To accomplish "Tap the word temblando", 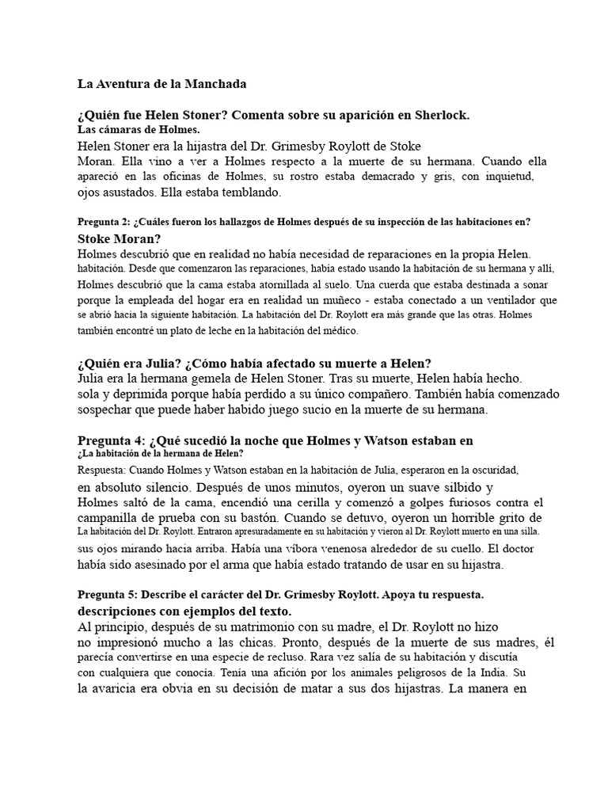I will pyautogui.click(x=254, y=192).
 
